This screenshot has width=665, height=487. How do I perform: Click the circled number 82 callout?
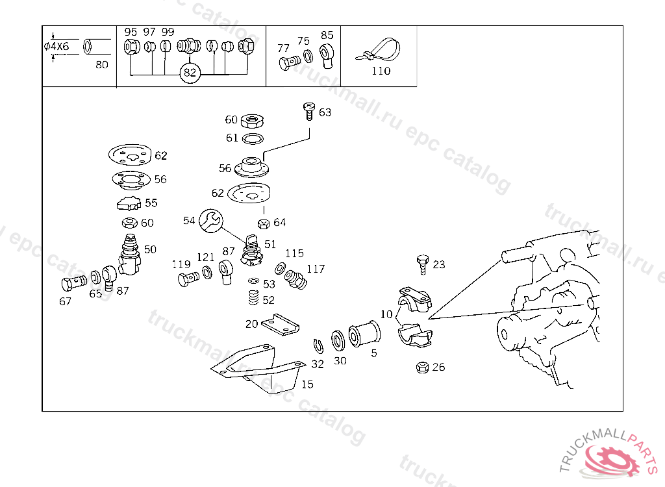[189, 72]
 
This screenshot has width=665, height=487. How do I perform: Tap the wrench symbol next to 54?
[210, 221]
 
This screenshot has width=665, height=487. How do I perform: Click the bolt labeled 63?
[309, 111]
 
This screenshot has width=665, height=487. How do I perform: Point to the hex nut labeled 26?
[421, 368]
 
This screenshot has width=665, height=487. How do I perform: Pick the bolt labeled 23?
[421, 264]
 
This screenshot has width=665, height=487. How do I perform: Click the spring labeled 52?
[254, 299]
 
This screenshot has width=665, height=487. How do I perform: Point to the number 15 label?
[307, 384]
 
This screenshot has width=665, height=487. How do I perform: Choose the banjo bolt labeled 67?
[73, 283]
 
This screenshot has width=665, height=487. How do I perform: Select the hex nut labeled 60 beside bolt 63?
[251, 120]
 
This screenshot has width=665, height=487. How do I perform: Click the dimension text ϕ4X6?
[56, 47]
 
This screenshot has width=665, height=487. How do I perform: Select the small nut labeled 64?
[263, 224]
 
